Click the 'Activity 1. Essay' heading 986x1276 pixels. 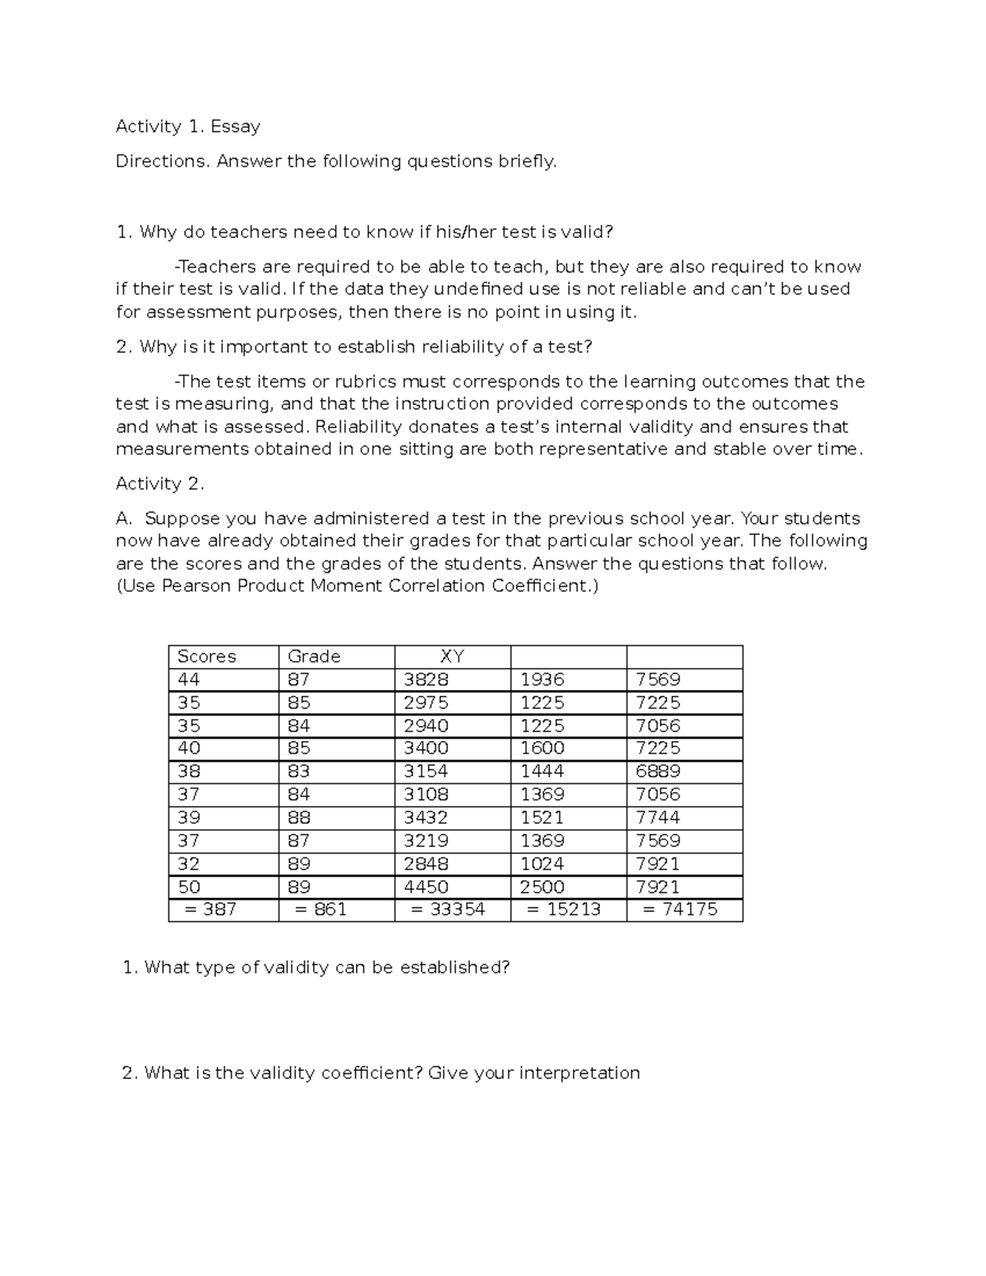click(187, 127)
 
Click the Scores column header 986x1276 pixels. click(207, 656)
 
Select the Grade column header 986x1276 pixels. click(314, 656)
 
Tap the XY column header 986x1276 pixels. click(452, 656)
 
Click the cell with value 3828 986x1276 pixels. click(426, 679)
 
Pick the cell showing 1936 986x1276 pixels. click(542, 679)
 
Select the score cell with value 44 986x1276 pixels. click(188, 679)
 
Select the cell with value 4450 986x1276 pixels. click(426, 887)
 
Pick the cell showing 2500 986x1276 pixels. click(542, 887)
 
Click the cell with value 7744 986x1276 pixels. click(657, 818)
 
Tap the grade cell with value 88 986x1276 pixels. click(298, 818)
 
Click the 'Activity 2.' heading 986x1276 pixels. click(159, 484)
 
